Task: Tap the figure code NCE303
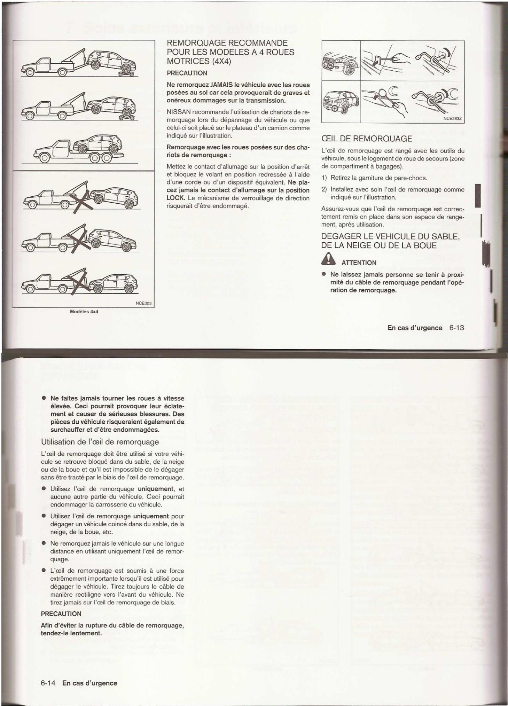pyautogui.click(x=143, y=303)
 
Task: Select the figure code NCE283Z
pyautogui.click(x=452, y=118)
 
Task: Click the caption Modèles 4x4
pyautogui.click(x=84, y=312)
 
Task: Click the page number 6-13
pyautogui.click(x=456, y=328)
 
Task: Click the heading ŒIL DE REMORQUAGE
pyautogui.click(x=367, y=139)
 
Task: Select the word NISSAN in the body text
pyautogui.click(x=179, y=112)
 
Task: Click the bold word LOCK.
pyautogui.click(x=174, y=198)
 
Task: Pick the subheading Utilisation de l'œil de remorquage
pyautogui.click(x=100, y=442)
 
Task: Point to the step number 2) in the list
pyautogui.click(x=324, y=189)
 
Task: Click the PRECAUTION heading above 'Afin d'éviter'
pyautogui.click(x=61, y=614)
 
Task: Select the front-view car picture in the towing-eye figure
pyautogui.click(x=341, y=61)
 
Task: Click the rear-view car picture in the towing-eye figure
pyautogui.click(x=341, y=101)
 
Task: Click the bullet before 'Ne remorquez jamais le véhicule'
pyautogui.click(x=44, y=543)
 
